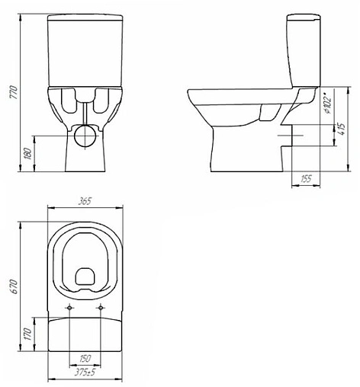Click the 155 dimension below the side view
click(305, 180)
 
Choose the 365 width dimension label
click(85, 201)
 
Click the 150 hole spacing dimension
click(85, 358)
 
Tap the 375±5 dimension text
click(85, 373)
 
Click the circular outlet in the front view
click(86, 137)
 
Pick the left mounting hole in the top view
click(70, 307)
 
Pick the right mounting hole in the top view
click(101, 307)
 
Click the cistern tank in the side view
click(304, 46)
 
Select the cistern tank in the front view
click(85, 50)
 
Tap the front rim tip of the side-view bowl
click(191, 93)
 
